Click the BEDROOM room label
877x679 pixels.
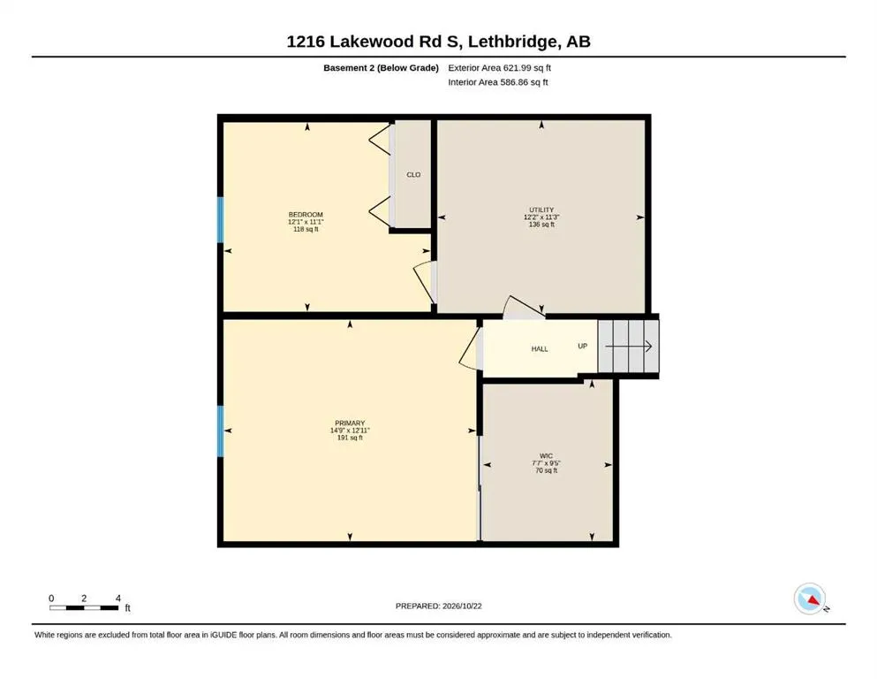(x=306, y=214)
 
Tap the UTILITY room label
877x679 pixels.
(x=541, y=210)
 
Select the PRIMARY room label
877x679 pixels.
(x=350, y=423)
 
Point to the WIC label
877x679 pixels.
(x=546, y=456)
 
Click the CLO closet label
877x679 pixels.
(x=413, y=175)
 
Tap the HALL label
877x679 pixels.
(x=540, y=348)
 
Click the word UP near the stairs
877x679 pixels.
(x=583, y=346)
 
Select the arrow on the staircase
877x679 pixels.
(x=629, y=347)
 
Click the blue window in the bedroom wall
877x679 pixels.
(x=221, y=219)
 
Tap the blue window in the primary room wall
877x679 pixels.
(x=221, y=431)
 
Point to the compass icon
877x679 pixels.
(x=810, y=599)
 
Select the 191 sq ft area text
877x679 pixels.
(x=350, y=438)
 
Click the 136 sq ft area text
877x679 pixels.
(x=541, y=225)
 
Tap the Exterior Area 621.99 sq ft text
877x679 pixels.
(x=500, y=68)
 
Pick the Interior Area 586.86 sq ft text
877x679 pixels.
(x=498, y=82)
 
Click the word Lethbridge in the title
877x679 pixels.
(x=513, y=42)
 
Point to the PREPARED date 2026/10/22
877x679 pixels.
(x=462, y=606)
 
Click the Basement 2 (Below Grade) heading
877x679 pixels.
(x=381, y=68)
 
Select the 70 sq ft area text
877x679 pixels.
(x=547, y=470)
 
